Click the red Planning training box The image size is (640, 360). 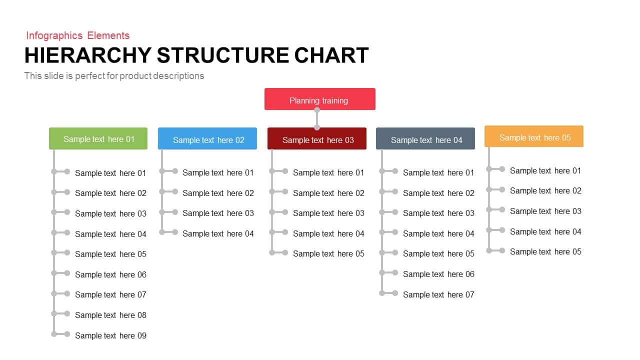(x=319, y=99)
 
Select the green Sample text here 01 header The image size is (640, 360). (x=98, y=138)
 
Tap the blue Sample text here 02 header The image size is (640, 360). (x=207, y=139)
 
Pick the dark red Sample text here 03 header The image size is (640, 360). (x=317, y=139)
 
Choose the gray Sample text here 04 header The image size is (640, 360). (x=425, y=139)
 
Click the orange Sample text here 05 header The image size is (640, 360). (x=534, y=137)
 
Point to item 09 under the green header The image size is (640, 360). (x=110, y=335)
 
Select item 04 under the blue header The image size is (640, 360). (x=218, y=233)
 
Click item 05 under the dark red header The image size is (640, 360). (x=328, y=253)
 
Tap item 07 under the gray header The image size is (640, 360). (x=438, y=294)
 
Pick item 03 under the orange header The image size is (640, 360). (x=545, y=211)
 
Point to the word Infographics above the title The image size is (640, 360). (x=54, y=35)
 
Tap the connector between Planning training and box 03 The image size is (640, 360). (x=316, y=119)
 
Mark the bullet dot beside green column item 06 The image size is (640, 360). (x=67, y=273)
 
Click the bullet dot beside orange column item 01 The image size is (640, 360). (x=502, y=169)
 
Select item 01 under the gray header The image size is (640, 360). (x=438, y=172)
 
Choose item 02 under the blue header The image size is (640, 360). (x=218, y=193)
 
